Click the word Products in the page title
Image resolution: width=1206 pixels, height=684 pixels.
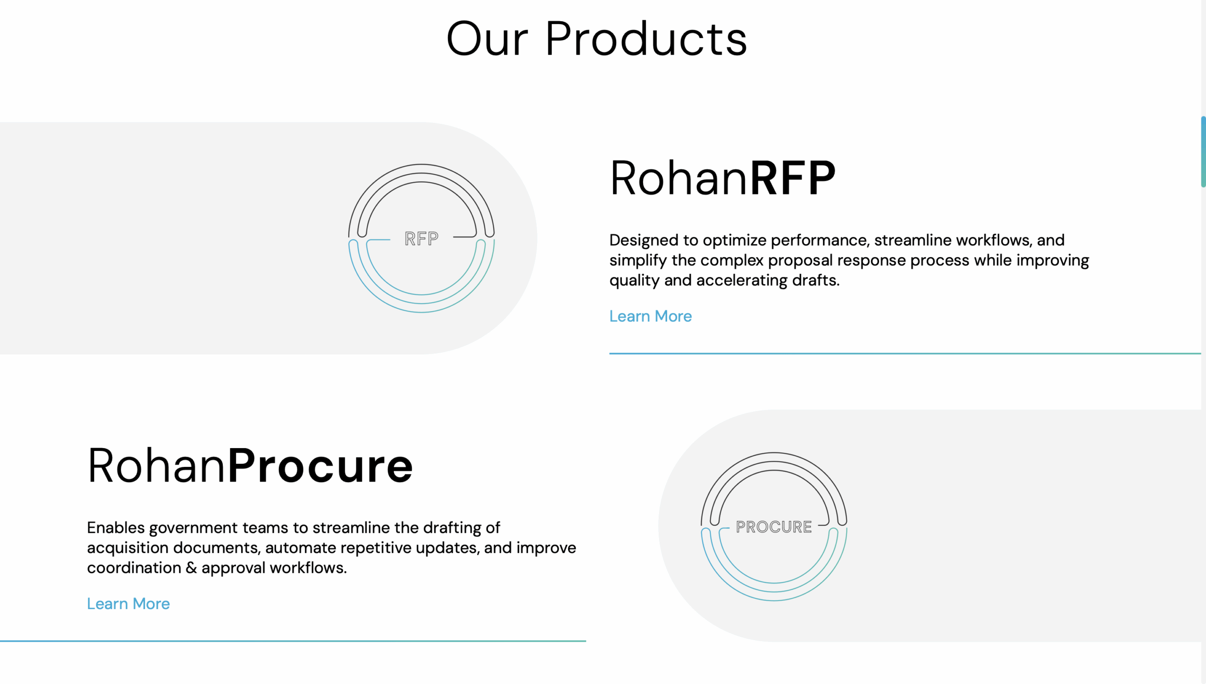(646, 39)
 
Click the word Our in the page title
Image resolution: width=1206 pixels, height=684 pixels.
(487, 39)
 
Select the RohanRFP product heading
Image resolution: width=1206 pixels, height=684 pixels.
(723, 178)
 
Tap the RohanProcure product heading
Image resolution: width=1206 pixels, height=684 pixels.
(250, 466)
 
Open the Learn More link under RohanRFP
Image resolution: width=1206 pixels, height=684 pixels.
(651, 316)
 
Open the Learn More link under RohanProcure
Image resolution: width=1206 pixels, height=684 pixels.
(128, 604)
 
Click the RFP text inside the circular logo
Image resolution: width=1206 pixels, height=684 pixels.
(422, 239)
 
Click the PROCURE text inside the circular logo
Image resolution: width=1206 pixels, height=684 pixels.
(774, 527)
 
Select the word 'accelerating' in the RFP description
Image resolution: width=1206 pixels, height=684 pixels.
(742, 281)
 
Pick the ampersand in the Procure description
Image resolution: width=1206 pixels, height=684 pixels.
(191, 568)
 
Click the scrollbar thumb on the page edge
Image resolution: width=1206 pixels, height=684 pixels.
(1203, 152)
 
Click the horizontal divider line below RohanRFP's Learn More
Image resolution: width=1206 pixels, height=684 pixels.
(905, 354)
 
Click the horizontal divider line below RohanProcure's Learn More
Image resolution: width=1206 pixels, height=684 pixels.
(293, 641)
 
